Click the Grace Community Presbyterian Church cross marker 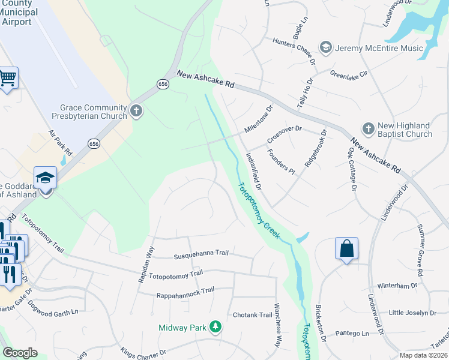(136, 112)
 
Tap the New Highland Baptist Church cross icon (368, 129)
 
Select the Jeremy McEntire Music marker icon (326, 48)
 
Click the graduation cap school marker (46, 178)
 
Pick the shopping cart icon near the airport (8, 77)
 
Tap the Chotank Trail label (253, 315)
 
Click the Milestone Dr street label (259, 119)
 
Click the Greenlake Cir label (352, 73)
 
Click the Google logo (20, 353)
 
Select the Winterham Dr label (397, 286)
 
